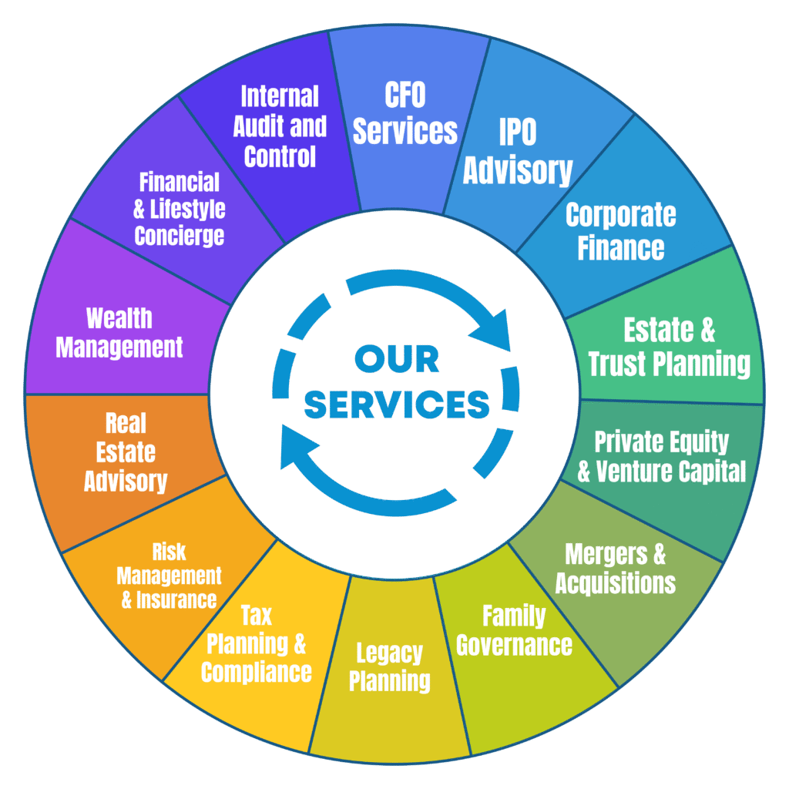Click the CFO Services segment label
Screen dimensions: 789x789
[405, 113]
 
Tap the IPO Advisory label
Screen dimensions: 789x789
[518, 152]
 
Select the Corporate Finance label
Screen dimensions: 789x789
[620, 231]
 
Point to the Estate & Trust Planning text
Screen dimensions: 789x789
[669, 347]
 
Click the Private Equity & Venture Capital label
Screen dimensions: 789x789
[662, 456]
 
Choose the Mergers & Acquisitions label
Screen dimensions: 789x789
[615, 568]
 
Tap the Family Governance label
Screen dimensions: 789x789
[514, 630]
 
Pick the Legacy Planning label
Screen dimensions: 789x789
[390, 667]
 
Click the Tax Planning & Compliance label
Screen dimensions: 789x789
[257, 643]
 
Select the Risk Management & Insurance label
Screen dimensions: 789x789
[170, 576]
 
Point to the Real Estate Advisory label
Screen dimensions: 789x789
[126, 452]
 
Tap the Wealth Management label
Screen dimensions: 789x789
[119, 333]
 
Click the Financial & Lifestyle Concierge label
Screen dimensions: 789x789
[180, 208]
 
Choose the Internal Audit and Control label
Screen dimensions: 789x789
[280, 126]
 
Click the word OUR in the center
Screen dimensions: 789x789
[397, 359]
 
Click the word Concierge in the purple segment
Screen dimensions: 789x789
[180, 234]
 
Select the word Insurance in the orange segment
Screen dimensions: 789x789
[176, 599]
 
